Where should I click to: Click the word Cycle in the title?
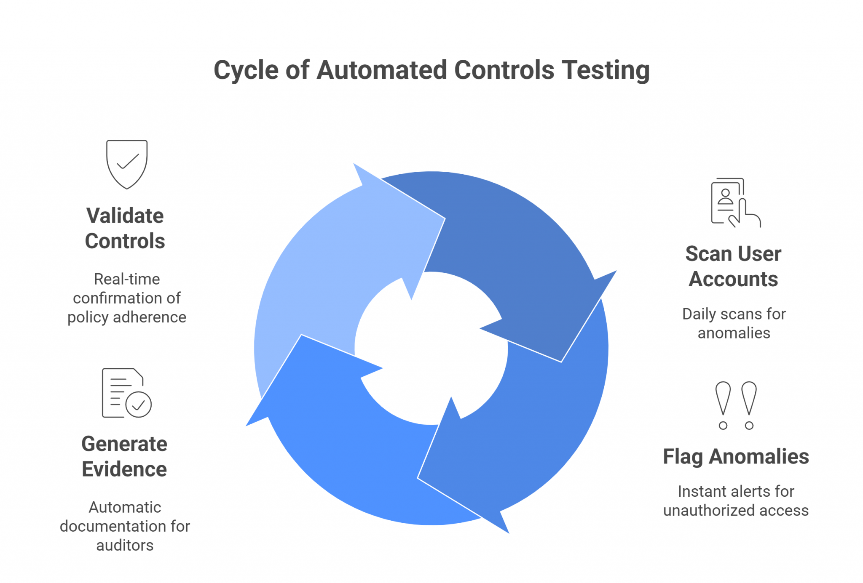[246, 70]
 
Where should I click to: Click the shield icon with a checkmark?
[127, 164]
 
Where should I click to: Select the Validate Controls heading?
[125, 228]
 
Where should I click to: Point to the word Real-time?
[127, 279]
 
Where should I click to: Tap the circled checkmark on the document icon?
[139, 405]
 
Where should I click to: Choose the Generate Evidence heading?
[124, 456]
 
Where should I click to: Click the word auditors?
[125, 545]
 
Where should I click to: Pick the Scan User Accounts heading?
[733, 266]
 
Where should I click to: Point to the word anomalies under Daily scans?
[734, 333]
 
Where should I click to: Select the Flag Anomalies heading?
[736, 457]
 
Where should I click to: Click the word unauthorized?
[708, 510]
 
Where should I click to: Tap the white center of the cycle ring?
[431, 349]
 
